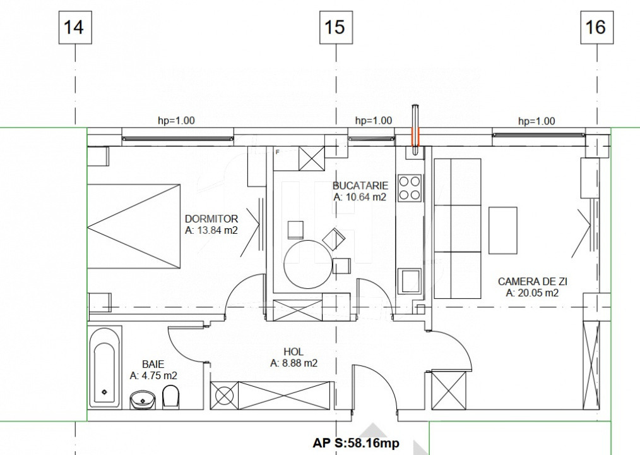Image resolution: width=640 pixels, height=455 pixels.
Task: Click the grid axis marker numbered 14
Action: [74, 28]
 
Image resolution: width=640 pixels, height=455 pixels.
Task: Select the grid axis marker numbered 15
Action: [335, 28]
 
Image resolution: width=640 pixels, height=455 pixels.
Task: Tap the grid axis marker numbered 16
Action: [595, 28]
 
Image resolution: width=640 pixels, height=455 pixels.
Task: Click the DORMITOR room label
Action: [211, 219]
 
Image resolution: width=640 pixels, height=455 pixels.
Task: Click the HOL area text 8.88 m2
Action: [293, 363]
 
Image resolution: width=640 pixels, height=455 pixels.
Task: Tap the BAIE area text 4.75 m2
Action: [153, 375]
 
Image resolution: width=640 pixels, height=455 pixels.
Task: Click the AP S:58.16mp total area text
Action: [356, 444]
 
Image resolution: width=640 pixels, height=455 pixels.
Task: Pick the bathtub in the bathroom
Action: [104, 367]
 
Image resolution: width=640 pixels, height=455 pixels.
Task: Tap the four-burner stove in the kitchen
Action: [410, 187]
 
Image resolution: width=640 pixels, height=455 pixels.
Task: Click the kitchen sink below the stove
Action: [409, 281]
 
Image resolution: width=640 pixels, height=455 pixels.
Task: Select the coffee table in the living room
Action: [502, 230]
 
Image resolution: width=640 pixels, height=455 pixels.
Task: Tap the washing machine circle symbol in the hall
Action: [225, 395]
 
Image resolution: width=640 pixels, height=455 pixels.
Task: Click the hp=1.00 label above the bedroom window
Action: [176, 121]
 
